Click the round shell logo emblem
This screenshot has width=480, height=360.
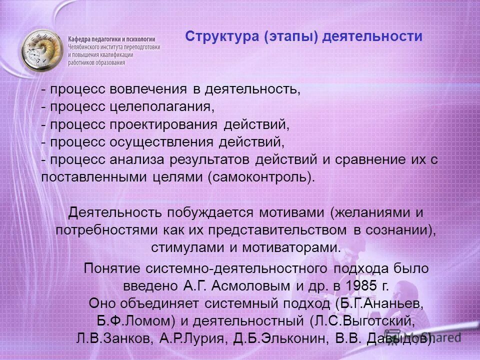tap(42, 50)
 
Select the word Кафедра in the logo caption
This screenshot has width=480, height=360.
tap(81, 38)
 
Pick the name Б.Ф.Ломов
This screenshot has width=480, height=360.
tap(128, 320)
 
